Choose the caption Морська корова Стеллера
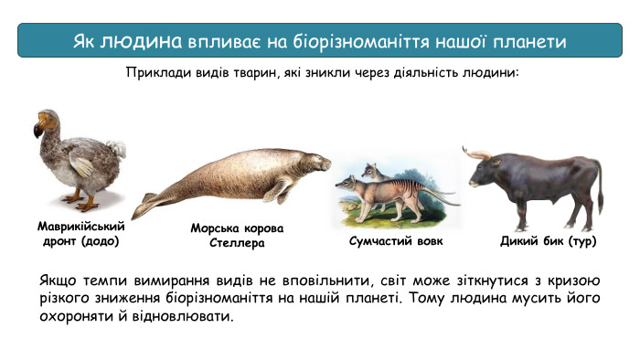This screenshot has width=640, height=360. click(237, 236)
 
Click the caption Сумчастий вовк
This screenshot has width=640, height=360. click(396, 242)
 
